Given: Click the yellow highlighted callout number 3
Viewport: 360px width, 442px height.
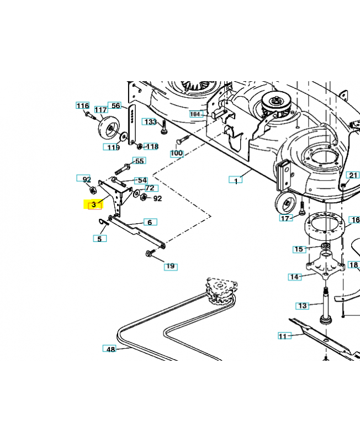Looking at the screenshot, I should point(94,204).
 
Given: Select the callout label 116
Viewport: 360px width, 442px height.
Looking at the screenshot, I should point(82,106).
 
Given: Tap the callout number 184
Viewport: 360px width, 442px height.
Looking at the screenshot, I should point(195,114).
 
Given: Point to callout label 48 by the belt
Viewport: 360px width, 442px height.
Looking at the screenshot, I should point(110,349).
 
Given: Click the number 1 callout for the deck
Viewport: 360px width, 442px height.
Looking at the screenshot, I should point(236,180).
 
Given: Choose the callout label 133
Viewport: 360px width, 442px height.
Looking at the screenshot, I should point(150,122).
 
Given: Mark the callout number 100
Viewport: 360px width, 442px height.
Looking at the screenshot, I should point(177,153).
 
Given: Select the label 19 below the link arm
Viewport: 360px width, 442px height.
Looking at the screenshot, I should point(171,266).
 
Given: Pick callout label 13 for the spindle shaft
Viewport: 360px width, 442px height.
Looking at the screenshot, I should point(302,306).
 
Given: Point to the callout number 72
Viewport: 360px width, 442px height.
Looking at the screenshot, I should point(150,188).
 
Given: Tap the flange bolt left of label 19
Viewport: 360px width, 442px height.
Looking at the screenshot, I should point(149,254).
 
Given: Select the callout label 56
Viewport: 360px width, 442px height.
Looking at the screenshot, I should point(115,106).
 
